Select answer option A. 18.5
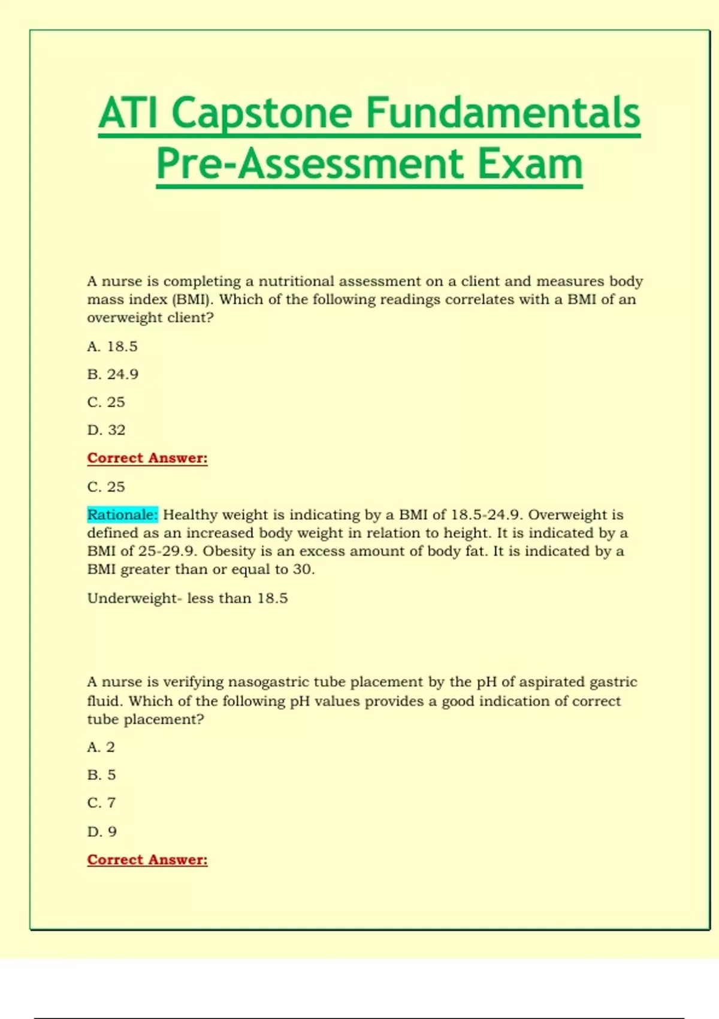(x=112, y=346)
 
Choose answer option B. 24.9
(x=113, y=374)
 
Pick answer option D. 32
(x=106, y=430)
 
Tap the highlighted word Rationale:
(x=122, y=515)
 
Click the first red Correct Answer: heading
(x=147, y=458)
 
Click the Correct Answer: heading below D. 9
(x=147, y=860)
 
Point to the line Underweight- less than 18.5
(x=187, y=598)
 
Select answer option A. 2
(x=101, y=747)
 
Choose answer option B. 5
(x=101, y=774)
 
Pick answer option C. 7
(x=101, y=803)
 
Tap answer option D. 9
(x=102, y=831)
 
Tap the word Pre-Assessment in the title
(x=310, y=164)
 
